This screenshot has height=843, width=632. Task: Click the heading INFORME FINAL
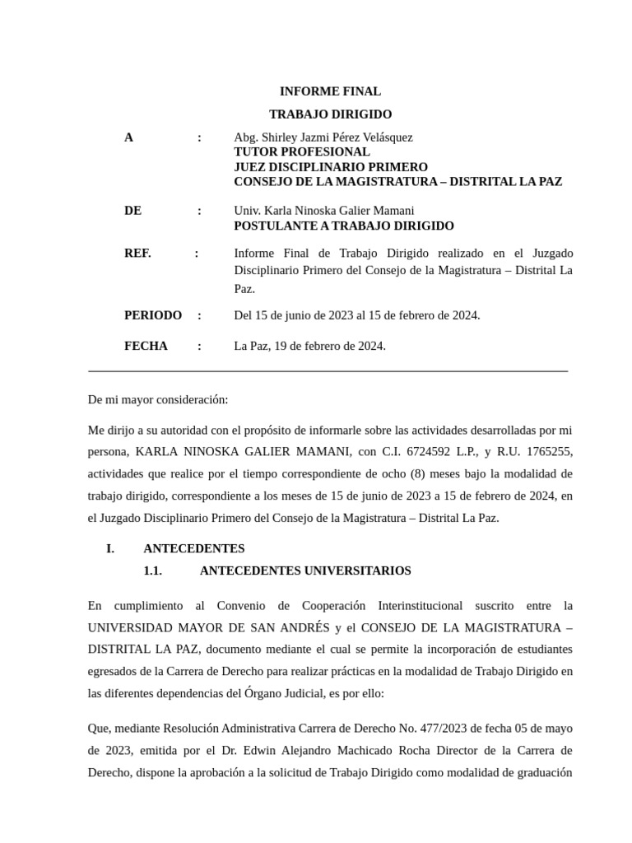330,91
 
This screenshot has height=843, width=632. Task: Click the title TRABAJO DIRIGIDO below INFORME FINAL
330,114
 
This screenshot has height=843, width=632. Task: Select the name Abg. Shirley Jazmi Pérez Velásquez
323,137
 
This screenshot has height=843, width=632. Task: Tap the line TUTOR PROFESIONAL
302,152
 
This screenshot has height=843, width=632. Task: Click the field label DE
132,211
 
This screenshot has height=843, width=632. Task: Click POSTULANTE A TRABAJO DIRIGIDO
344,226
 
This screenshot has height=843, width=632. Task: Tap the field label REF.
137,254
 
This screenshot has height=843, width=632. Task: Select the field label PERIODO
153,315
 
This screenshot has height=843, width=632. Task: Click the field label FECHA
146,346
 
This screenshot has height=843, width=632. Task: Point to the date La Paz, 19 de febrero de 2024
310,346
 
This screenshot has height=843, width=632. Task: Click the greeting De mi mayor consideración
158,399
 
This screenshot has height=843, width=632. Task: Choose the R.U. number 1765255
550,452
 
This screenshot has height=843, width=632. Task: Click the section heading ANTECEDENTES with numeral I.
194,548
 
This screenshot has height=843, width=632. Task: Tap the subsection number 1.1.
153,571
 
